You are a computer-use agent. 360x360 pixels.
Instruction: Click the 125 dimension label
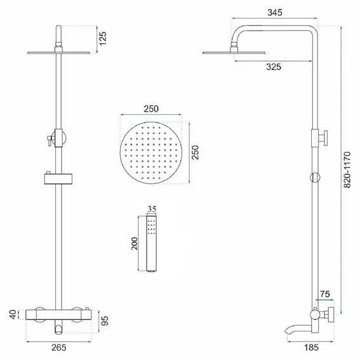[x=102, y=39]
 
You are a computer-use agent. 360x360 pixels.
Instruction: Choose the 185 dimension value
[x=311, y=347]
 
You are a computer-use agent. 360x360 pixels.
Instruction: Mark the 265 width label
[x=58, y=347]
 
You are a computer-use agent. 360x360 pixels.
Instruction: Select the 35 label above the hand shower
[x=150, y=208]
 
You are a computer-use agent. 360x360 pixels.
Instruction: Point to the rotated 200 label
[x=135, y=244]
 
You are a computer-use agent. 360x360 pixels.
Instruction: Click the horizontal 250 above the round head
[x=150, y=109]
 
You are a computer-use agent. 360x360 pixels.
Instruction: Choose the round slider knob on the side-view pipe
[x=313, y=177]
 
